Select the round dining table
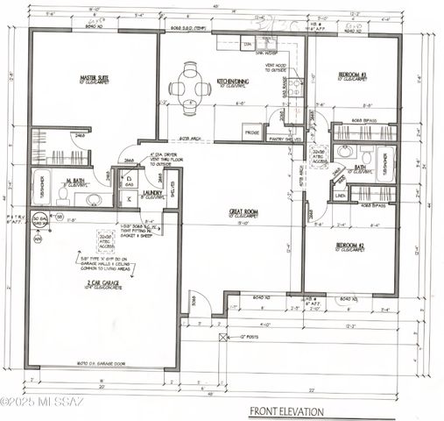pos(190,88)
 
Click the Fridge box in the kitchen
pos(251,133)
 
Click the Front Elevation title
pos(286,410)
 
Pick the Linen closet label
pos(339,196)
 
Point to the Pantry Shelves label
pos(286,139)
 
